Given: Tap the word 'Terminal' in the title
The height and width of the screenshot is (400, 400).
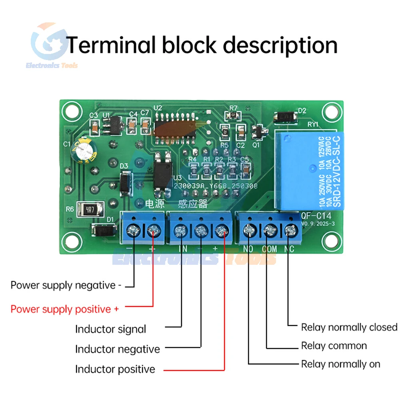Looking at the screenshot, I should click(x=110, y=45).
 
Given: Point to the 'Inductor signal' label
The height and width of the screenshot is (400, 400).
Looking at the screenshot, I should click(x=111, y=330).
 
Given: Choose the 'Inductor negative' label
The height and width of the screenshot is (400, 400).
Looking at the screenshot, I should click(x=118, y=349).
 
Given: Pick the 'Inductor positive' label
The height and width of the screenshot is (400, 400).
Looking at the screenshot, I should click(x=115, y=369).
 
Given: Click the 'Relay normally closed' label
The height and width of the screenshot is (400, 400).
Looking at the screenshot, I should click(x=349, y=328).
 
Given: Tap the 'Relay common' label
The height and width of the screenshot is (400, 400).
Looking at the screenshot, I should click(x=334, y=346).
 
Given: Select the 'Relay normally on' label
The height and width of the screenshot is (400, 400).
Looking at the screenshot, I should click(x=340, y=364).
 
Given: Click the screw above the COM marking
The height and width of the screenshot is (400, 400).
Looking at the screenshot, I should click(x=270, y=230).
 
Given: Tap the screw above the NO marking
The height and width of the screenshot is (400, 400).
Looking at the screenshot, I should click(x=250, y=230).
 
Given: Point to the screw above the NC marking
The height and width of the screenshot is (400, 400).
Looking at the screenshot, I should click(x=290, y=230).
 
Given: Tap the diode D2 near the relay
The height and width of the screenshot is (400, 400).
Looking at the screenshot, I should click(x=286, y=117).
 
